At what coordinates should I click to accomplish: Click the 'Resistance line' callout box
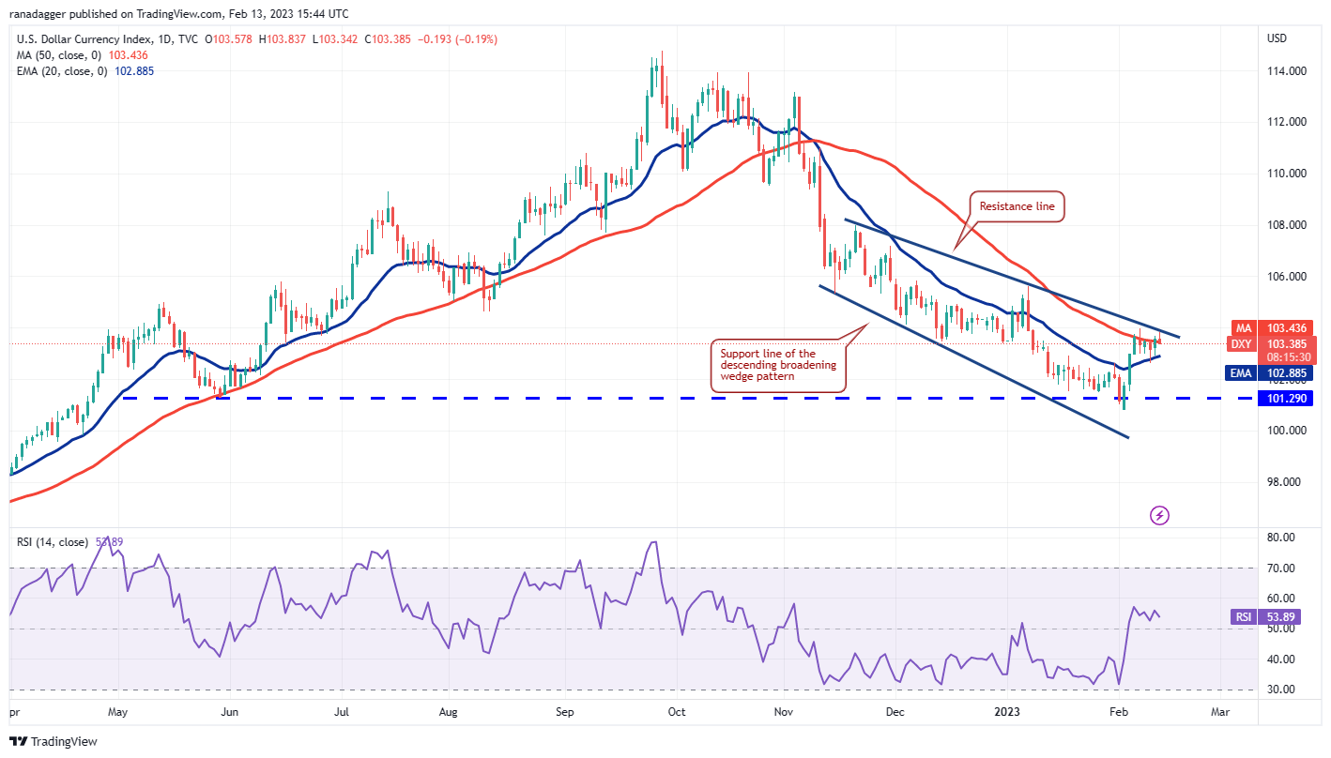tap(1017, 206)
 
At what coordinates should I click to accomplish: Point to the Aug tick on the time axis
tap(448, 713)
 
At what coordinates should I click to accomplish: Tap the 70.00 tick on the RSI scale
tap(1280, 568)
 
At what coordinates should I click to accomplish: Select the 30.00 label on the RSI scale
tap(1280, 690)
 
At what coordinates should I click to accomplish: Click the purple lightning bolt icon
tap(1159, 515)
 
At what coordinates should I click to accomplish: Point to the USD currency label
tap(1277, 38)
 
